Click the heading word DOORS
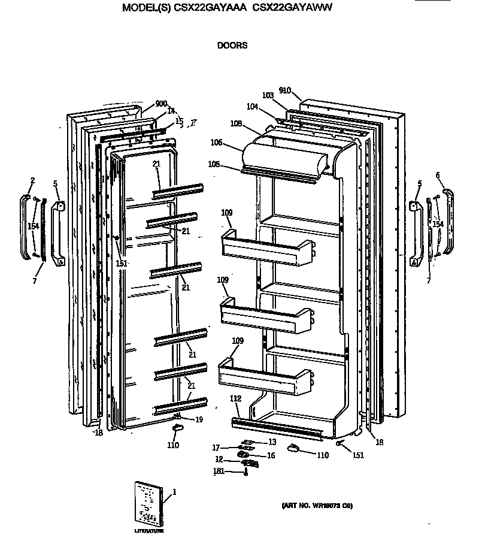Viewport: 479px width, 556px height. (232, 45)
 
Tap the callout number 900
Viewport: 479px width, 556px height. (161, 104)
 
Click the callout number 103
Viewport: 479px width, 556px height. (268, 95)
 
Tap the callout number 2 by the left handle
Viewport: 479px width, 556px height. (32, 180)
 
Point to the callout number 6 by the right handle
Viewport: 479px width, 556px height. (438, 175)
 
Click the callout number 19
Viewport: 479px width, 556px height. (199, 419)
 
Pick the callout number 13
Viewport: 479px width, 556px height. (272, 442)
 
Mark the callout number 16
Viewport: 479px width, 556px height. (271, 455)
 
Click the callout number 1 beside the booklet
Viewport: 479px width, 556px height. (174, 492)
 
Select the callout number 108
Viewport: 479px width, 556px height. (235, 123)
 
